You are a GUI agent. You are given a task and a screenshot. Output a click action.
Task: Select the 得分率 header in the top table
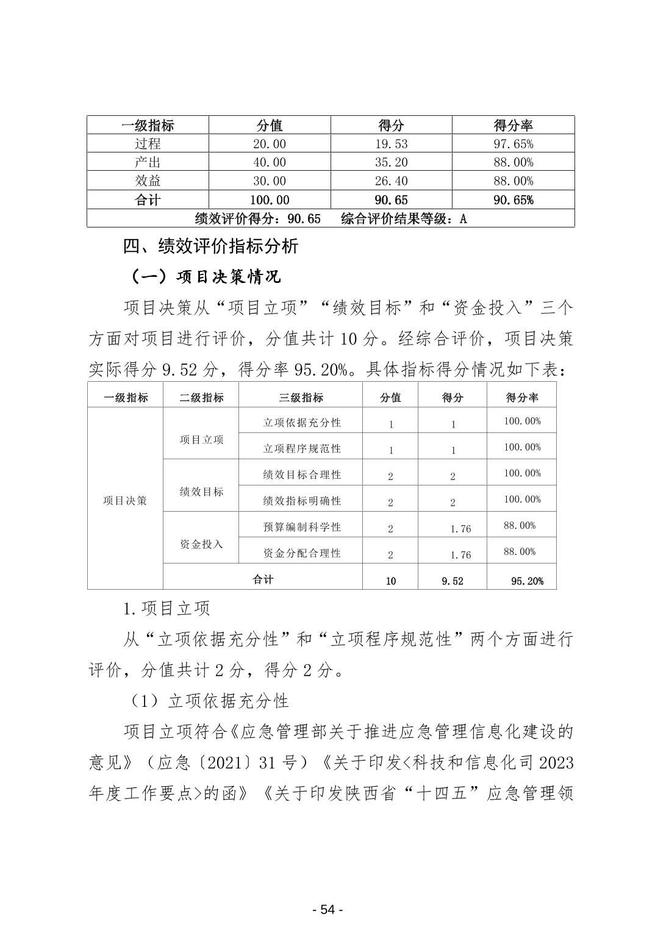point(513,126)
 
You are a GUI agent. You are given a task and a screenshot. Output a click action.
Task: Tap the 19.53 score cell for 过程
point(391,144)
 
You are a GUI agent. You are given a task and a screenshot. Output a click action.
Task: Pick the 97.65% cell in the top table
point(513,144)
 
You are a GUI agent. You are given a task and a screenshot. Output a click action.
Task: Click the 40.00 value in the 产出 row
point(269,162)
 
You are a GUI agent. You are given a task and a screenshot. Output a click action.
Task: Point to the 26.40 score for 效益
point(391,181)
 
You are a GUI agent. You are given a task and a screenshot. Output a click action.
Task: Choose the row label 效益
point(148,181)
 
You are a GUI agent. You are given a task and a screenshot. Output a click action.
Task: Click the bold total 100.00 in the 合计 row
point(269,200)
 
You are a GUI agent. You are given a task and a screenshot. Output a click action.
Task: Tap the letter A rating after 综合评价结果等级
point(463,219)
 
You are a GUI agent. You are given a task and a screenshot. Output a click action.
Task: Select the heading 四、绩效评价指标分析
point(210,246)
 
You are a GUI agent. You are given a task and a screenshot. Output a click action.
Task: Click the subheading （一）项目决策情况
point(206,277)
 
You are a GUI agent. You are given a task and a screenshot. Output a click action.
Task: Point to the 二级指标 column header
point(201,398)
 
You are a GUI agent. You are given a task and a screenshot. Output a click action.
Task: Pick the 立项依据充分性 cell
point(302,423)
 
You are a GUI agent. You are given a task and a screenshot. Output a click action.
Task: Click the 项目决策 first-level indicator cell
point(125,501)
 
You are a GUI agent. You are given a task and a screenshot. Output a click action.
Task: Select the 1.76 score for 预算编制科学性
point(460,529)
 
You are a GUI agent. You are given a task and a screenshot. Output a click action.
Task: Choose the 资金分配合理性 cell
point(302,553)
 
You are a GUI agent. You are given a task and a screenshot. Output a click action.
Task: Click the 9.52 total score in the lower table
point(453,581)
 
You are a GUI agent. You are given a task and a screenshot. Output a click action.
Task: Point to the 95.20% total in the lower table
point(527,581)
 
